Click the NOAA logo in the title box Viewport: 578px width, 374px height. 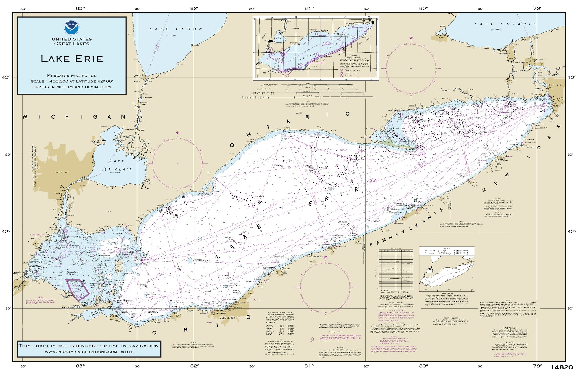(x=72, y=27)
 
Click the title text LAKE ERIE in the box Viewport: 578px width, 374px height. (x=72, y=59)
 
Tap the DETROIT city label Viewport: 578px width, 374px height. (x=61, y=173)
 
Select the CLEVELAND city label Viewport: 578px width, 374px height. (x=228, y=317)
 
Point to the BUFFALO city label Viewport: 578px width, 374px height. (x=555, y=85)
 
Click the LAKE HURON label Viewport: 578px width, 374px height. (x=176, y=29)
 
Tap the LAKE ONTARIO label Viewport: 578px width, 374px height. (x=505, y=24)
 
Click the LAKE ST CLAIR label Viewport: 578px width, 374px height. (x=118, y=165)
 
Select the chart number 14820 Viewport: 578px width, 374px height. (x=562, y=367)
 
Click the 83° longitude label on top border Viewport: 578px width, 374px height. (x=80, y=8)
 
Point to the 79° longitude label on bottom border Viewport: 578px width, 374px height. (x=538, y=366)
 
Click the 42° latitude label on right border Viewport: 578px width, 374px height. (x=571, y=232)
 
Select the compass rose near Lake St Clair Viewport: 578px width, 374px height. (x=177, y=164)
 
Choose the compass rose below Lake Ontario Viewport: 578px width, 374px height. (x=411, y=69)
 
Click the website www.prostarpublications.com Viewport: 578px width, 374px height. (x=81, y=352)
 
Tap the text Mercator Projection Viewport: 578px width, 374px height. (x=72, y=76)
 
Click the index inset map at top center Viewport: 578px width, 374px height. (x=316, y=48)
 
